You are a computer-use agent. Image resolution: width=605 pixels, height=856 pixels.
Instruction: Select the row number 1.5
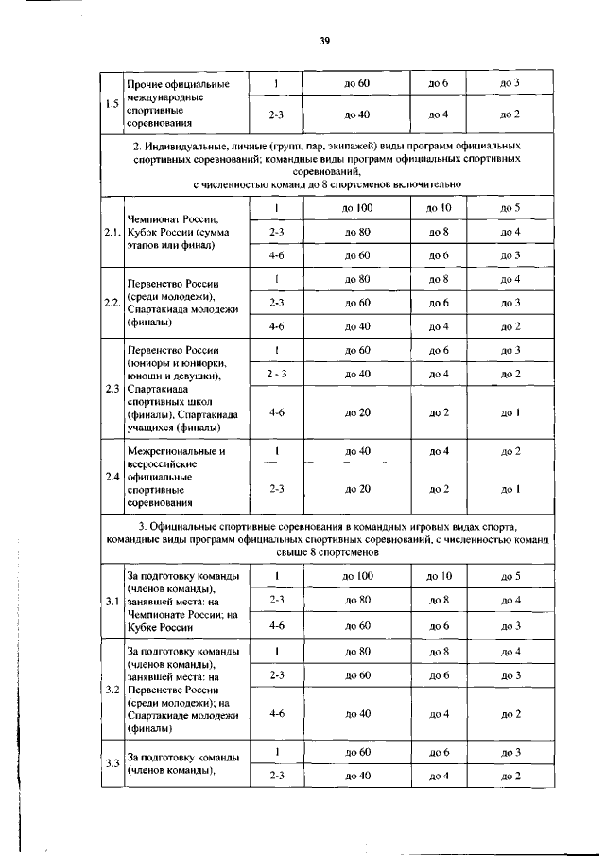(112, 103)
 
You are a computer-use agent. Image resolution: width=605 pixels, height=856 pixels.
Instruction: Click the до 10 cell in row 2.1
(438, 207)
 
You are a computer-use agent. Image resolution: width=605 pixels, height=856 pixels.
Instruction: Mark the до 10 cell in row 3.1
(438, 576)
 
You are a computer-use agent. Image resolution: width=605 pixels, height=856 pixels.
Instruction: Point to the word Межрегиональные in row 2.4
(175, 451)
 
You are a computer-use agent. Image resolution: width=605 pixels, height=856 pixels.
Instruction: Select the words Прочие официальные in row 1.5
(178, 86)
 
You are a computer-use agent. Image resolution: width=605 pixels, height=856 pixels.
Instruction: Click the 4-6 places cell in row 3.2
(277, 713)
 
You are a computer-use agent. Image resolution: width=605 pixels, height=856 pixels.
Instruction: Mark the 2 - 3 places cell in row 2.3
(277, 374)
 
